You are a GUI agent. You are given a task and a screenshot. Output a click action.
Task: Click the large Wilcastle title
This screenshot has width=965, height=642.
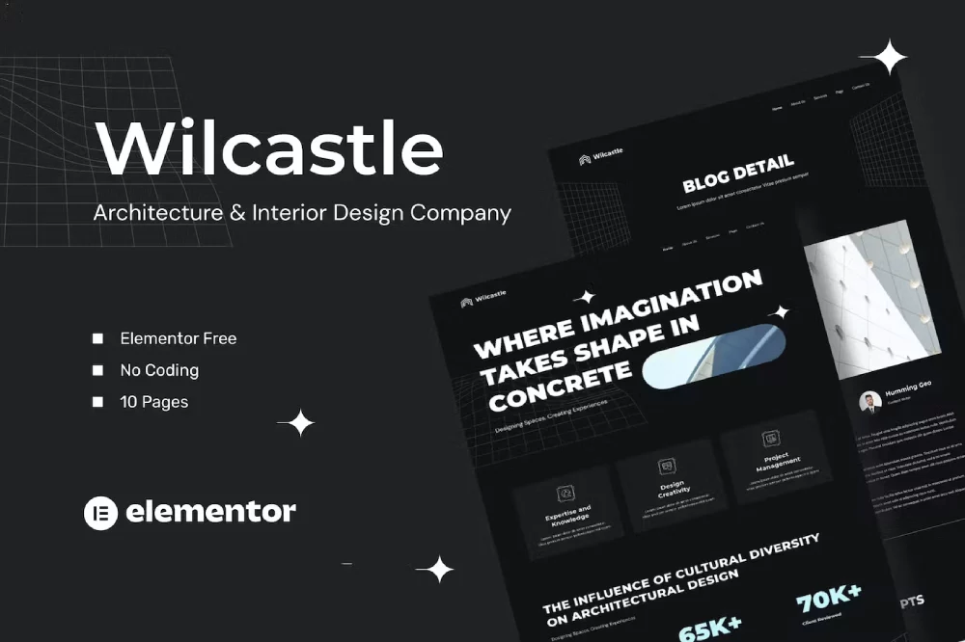click(269, 149)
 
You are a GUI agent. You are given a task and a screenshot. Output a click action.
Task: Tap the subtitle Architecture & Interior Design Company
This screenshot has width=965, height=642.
click(302, 213)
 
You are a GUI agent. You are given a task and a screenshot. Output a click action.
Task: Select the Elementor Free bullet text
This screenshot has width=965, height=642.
click(179, 338)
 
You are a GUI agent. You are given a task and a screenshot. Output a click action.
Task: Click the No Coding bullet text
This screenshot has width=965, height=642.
click(159, 370)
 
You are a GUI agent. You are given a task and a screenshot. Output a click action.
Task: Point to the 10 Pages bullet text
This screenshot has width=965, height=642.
click(154, 402)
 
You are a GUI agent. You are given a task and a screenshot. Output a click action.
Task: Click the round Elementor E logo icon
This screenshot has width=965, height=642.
click(100, 512)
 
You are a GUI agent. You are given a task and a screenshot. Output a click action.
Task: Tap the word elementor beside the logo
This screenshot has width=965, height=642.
click(210, 512)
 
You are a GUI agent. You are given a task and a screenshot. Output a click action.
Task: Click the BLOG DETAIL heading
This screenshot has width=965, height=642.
click(738, 174)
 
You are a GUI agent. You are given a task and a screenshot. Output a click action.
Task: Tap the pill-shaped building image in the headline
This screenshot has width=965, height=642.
click(714, 357)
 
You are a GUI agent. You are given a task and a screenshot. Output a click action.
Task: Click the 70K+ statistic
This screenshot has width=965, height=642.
click(828, 598)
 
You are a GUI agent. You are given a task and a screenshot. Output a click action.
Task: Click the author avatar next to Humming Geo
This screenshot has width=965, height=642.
click(869, 402)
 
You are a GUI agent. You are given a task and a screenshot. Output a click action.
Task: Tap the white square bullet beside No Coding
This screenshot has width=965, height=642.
click(97, 370)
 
